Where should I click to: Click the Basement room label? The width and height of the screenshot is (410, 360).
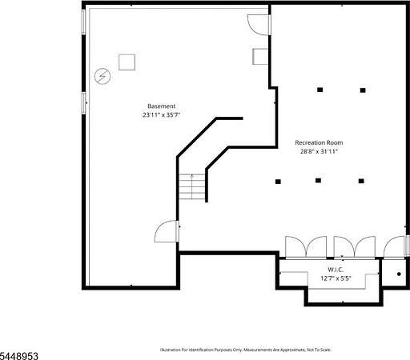[x=162, y=106]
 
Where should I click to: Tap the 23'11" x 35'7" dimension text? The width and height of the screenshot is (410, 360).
[x=162, y=115]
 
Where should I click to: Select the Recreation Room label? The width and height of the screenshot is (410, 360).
[x=319, y=142]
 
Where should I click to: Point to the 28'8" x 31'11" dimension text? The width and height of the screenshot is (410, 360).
[x=319, y=151]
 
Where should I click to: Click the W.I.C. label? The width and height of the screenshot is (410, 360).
[x=336, y=270]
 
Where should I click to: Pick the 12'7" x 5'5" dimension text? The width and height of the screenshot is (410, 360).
[x=336, y=278]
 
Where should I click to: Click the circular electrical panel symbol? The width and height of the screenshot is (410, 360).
[x=102, y=77]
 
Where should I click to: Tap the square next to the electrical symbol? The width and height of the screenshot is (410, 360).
[x=127, y=62]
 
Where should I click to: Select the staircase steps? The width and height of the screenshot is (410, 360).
[x=192, y=186]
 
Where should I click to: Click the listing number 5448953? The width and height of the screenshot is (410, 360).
[x=19, y=356]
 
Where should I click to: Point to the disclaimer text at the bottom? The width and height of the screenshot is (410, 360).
[x=246, y=350]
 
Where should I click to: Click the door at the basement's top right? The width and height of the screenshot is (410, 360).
[x=259, y=25]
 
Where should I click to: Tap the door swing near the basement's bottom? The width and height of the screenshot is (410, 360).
[x=166, y=231]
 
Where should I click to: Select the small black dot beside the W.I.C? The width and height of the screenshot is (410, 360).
[x=399, y=274]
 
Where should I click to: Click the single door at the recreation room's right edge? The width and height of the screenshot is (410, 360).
[x=395, y=247]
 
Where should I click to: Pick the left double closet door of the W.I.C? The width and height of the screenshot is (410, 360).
[x=306, y=247]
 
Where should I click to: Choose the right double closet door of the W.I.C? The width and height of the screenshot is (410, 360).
[x=355, y=247]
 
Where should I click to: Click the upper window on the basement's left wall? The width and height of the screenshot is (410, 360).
[x=84, y=22]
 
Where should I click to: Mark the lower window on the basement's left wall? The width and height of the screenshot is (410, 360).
[x=84, y=103]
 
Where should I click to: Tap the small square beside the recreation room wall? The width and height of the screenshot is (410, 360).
[x=260, y=57]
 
